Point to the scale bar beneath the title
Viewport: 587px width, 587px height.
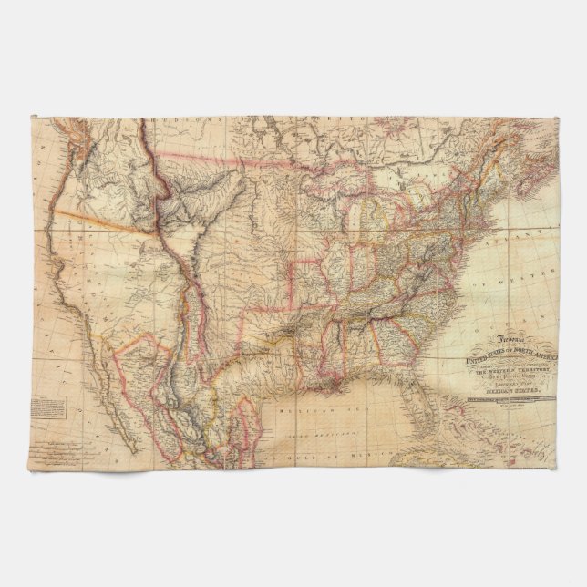(x=506, y=395)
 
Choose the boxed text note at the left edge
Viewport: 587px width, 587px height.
(x=46, y=404)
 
